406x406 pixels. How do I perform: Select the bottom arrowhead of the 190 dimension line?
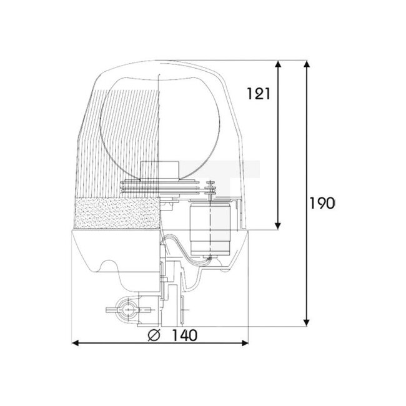click(x=307, y=322)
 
